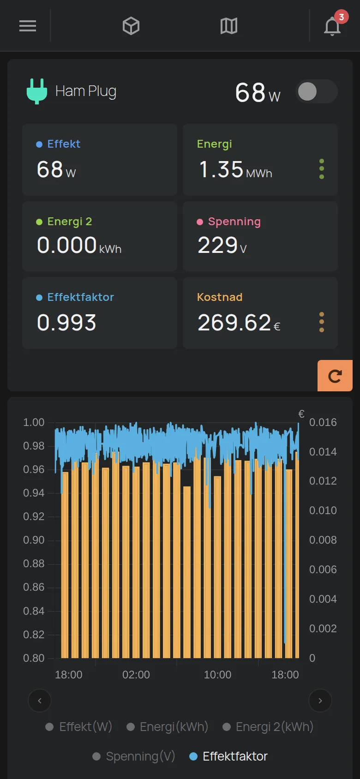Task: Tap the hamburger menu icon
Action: (28, 26)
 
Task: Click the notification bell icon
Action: (332, 26)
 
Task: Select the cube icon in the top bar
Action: (131, 26)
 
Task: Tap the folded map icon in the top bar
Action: (229, 26)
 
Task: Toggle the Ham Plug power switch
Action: (317, 91)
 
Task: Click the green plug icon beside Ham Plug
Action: (37, 91)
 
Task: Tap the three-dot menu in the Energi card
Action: (322, 169)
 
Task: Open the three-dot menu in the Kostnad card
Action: (322, 322)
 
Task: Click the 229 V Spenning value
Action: (222, 246)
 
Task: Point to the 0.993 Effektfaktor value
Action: (66, 323)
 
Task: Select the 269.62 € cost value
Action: (239, 323)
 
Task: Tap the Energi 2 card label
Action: (70, 222)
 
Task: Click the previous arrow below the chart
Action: (40, 701)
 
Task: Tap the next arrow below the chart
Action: (320, 701)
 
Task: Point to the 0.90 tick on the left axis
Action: (34, 540)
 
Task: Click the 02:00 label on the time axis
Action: (136, 675)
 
